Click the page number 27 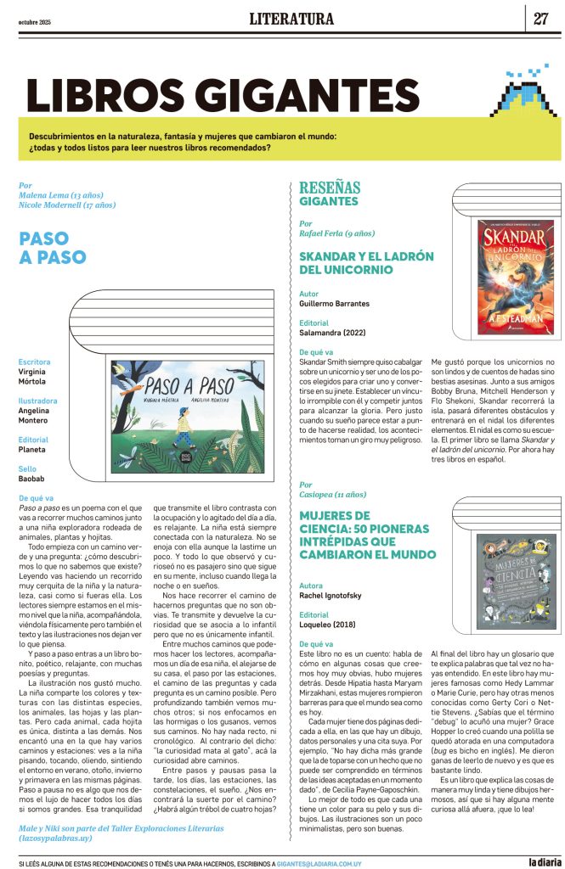pos(541,19)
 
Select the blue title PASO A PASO pos(53,248)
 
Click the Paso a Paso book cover pos(187,417)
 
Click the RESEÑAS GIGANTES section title pos(330,194)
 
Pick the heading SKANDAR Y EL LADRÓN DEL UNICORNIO pos(366,262)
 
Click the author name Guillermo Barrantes pos(334,302)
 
